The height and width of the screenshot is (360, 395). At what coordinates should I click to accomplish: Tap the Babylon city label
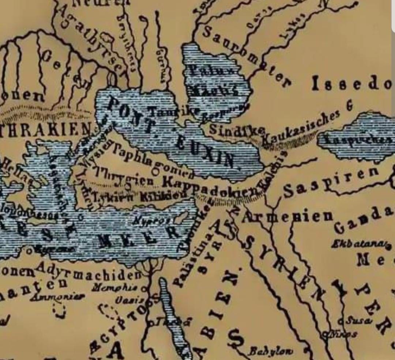[x=270, y=351]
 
